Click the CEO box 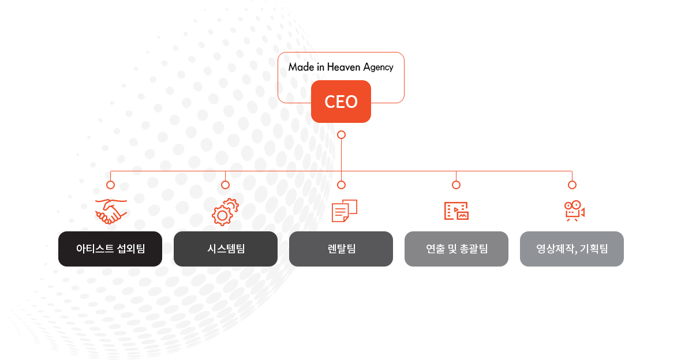point(341,102)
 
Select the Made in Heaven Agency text point(341,67)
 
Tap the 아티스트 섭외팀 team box point(110,249)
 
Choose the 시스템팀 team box point(226,249)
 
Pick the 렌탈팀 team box point(341,249)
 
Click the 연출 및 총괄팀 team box point(456,249)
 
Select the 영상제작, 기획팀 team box point(571,249)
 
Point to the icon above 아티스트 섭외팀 point(110,211)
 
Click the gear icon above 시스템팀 point(224,212)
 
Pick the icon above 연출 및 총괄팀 point(456,211)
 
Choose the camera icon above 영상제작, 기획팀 point(574,212)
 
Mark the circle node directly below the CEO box point(341,135)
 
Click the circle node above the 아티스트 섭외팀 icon point(110,185)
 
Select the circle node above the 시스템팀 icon point(226,185)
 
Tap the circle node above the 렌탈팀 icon point(341,185)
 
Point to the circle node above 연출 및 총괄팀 point(456,185)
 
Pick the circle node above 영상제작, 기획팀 point(572,185)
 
